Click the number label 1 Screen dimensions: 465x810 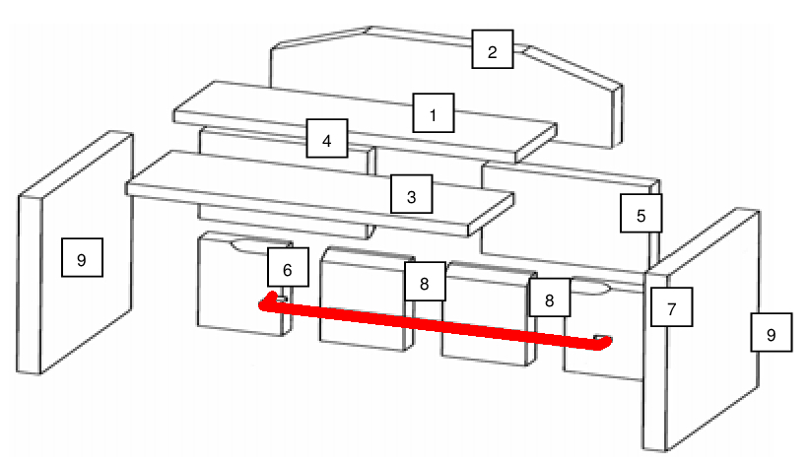(x=433, y=114)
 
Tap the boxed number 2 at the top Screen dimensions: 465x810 (x=493, y=50)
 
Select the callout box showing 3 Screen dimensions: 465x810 (x=412, y=196)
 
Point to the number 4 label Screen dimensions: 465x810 (x=326, y=141)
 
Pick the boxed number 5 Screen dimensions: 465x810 (x=641, y=214)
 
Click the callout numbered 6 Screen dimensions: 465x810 (x=288, y=269)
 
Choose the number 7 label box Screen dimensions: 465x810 (x=671, y=308)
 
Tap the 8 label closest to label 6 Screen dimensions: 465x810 (x=424, y=283)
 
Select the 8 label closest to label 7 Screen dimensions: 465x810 (x=550, y=297)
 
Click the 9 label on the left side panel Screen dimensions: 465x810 (x=82, y=259)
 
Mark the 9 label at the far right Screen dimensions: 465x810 (x=771, y=334)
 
